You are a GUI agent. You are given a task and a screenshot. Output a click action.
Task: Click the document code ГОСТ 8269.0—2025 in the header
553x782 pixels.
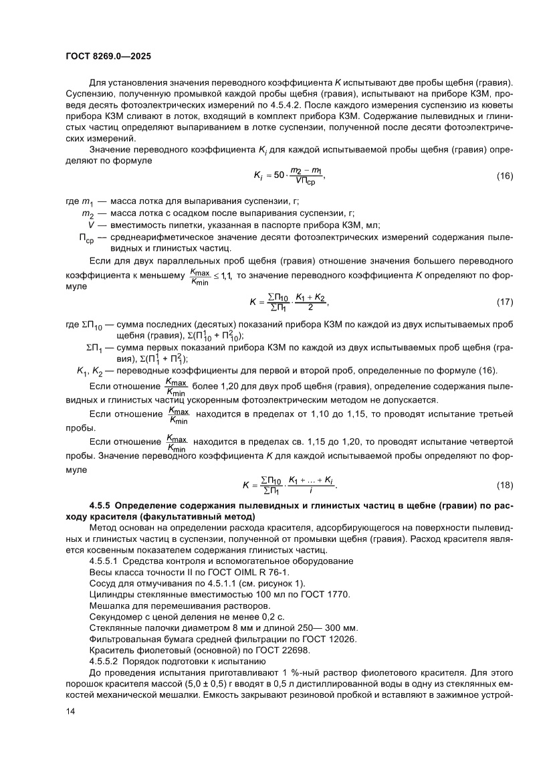pos(108,57)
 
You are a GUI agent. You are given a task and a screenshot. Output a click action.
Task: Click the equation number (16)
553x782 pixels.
pos(504,176)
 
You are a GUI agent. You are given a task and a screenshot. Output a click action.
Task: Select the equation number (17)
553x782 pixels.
pos(504,302)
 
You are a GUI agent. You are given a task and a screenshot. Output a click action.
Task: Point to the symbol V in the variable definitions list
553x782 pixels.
pos(91,225)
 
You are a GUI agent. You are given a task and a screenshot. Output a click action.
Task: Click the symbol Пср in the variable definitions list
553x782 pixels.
pos(88,237)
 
